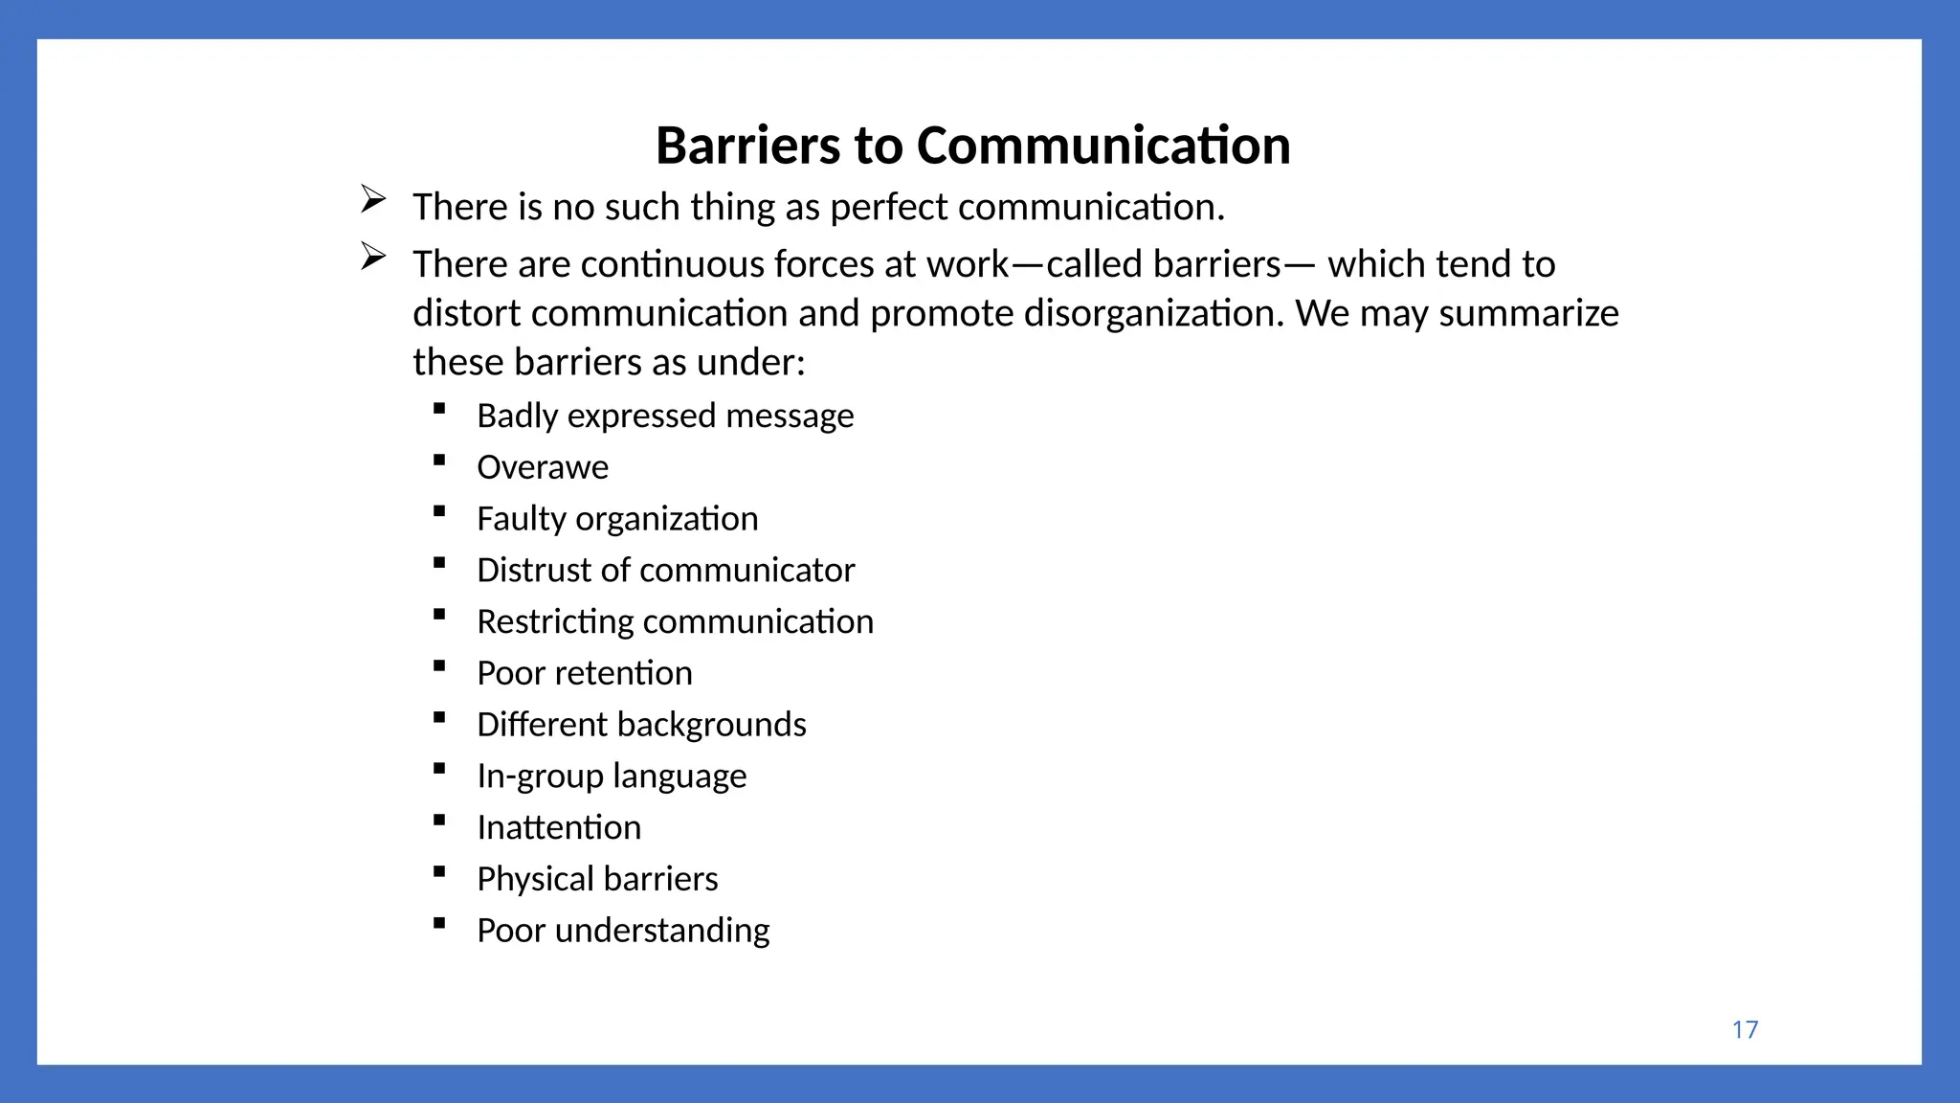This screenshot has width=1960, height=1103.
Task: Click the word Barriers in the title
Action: click(747, 146)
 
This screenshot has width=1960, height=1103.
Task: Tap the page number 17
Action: click(1745, 1029)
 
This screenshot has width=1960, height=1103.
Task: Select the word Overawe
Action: click(543, 467)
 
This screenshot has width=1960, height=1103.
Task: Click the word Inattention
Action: click(559, 827)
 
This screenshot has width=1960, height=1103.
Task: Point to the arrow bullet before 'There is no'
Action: click(373, 199)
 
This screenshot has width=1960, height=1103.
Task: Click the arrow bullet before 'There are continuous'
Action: click(373, 257)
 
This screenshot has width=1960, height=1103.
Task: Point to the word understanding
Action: click(662, 931)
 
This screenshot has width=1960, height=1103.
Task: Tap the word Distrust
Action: click(534, 571)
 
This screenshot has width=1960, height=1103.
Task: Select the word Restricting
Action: click(555, 622)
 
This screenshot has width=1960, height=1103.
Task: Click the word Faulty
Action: click(522, 519)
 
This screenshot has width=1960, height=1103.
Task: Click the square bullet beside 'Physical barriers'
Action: click(439, 871)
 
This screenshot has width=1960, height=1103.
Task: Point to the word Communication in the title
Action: click(1103, 146)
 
